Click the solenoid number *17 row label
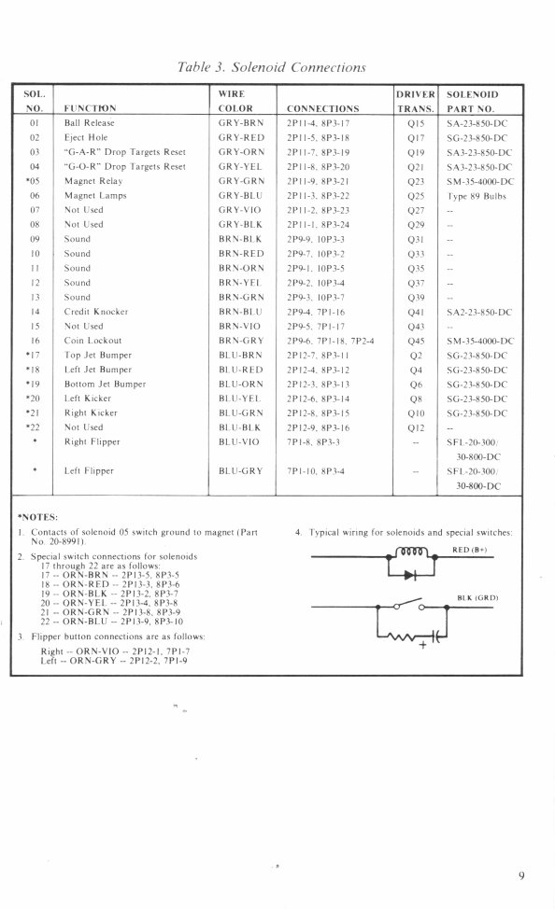point(34,357)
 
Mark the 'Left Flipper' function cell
point(90,470)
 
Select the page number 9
point(521,875)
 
